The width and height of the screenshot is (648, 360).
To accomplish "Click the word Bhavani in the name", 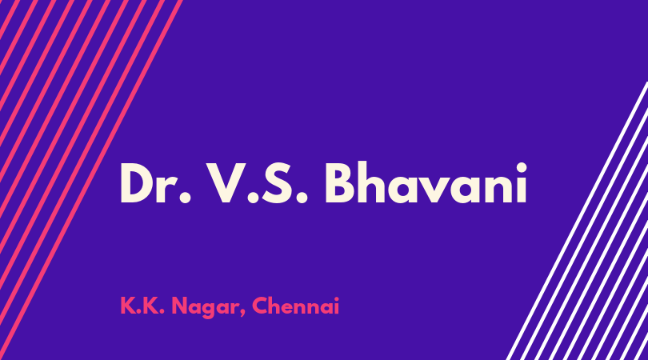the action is (426, 182).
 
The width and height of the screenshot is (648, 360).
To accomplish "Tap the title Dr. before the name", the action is (156, 183).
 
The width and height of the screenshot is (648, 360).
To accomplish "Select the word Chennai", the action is (295, 306).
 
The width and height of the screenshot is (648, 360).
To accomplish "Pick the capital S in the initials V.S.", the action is (279, 183).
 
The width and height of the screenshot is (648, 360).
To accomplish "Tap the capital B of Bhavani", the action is (340, 183).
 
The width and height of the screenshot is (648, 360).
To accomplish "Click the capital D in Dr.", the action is (138, 183).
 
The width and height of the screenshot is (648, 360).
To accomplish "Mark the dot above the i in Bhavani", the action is (522, 168).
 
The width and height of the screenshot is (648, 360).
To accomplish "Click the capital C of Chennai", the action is (261, 306).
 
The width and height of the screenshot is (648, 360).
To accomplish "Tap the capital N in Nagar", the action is (180, 306).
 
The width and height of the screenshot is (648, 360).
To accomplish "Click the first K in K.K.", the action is (128, 306).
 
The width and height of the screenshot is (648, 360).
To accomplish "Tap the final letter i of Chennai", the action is (336, 306).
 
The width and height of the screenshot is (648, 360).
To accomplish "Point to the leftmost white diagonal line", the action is (577, 221).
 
